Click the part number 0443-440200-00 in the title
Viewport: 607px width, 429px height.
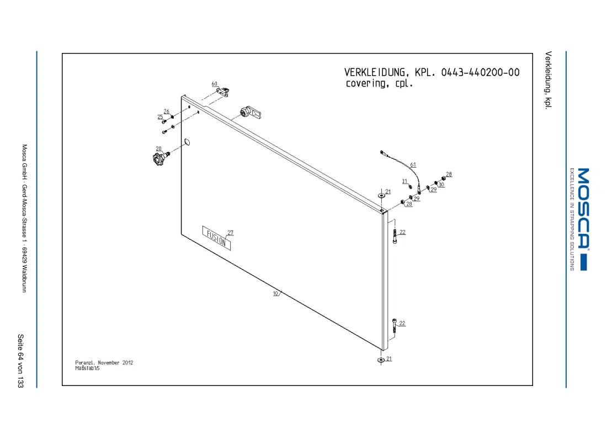pos(480,72)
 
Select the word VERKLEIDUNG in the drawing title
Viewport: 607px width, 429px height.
pos(375,73)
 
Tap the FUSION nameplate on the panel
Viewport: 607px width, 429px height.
pos(216,238)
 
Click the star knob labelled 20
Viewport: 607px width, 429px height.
pos(160,158)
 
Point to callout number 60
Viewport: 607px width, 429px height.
pos(215,84)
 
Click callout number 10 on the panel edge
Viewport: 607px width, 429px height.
pos(275,293)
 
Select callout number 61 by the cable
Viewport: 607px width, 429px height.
pos(413,165)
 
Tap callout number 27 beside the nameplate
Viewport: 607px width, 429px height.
pos(230,233)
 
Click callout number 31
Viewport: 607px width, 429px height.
pos(404,181)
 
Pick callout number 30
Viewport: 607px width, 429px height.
pos(441,185)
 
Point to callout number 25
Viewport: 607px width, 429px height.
pos(160,117)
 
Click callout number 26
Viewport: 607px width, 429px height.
pos(167,111)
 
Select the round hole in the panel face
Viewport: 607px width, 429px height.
pos(187,142)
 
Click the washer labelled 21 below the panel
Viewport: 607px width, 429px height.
pos(381,360)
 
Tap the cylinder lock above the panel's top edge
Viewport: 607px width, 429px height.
pos(250,113)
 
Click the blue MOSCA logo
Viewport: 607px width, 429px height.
pos(584,219)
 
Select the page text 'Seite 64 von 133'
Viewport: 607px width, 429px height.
pos(20,361)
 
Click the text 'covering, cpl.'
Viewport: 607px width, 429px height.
pos(380,84)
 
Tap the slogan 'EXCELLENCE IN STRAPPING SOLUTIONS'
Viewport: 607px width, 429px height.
pos(572,219)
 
